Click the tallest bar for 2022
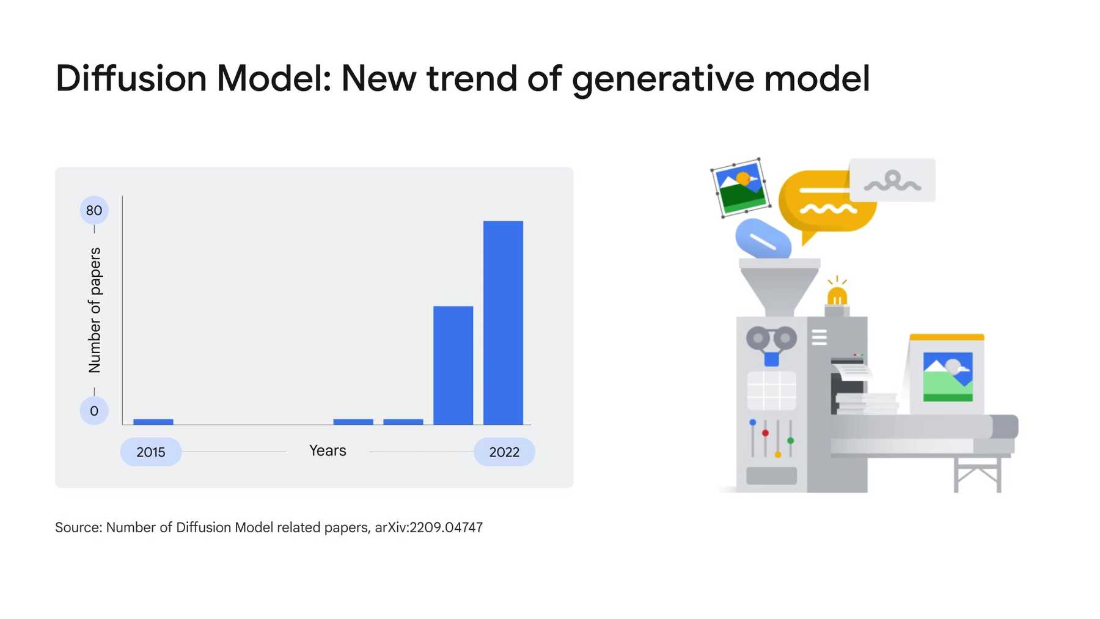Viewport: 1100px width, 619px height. [503, 323]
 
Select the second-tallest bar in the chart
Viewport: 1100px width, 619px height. [453, 365]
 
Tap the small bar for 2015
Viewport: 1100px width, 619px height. [153, 422]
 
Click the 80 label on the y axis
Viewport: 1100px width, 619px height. [94, 211]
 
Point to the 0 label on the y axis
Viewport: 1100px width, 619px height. [94, 411]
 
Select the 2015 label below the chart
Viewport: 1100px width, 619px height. [151, 452]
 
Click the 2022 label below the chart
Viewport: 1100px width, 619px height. [504, 452]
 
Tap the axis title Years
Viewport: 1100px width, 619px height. [328, 451]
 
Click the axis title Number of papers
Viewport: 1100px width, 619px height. [95, 310]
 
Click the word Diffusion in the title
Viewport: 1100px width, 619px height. [131, 79]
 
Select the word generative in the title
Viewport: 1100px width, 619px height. [662, 80]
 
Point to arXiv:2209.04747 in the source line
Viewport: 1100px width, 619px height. [428, 527]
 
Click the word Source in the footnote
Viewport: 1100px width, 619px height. [78, 527]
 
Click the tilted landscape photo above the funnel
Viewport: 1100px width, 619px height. [741, 187]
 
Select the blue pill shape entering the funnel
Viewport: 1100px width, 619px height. [763, 239]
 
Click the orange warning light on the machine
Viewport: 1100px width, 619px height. [837, 296]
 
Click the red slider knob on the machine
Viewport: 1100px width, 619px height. [765, 433]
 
